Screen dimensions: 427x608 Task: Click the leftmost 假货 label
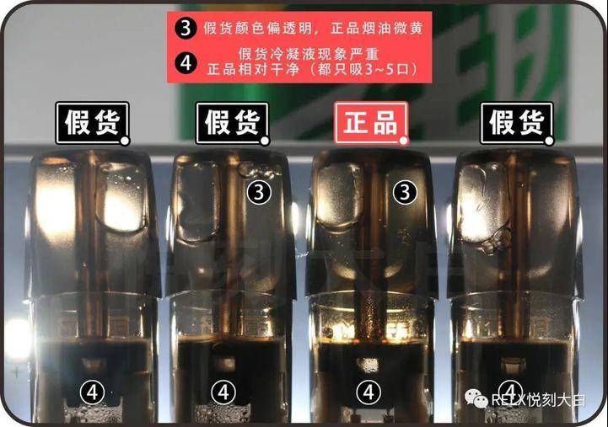(x=92, y=123)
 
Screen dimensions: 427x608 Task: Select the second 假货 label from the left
(x=232, y=123)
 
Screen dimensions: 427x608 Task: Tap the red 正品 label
(x=372, y=123)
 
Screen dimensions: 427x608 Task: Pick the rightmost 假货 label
(x=517, y=123)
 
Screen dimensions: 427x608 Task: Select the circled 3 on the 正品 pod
(x=406, y=192)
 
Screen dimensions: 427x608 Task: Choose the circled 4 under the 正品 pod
(x=368, y=391)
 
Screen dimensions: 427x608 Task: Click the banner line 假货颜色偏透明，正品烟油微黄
(x=312, y=27)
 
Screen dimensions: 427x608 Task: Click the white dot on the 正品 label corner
(x=404, y=140)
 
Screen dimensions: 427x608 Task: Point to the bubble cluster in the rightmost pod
(x=493, y=241)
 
